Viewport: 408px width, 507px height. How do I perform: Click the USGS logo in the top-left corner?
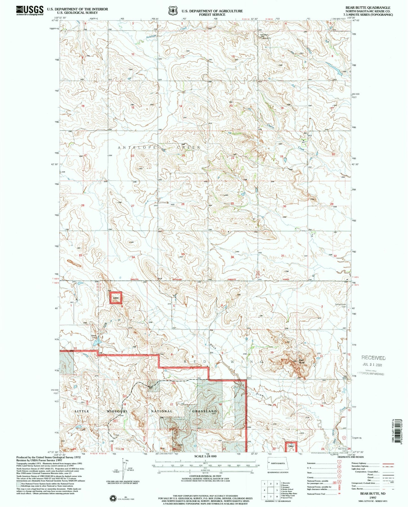tap(30, 10)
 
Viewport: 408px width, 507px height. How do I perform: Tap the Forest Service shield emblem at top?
tap(172, 11)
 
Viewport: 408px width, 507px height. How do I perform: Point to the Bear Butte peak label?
tap(302, 361)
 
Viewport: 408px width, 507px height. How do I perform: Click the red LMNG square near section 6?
tap(116, 298)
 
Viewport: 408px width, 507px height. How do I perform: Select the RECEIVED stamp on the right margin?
tap(373, 358)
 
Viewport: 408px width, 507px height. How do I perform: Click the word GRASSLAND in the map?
tap(204, 411)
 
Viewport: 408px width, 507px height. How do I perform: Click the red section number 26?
tap(183, 204)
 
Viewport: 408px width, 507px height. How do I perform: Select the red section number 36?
tap(232, 257)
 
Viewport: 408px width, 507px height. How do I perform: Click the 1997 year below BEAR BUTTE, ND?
tap(372, 498)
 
